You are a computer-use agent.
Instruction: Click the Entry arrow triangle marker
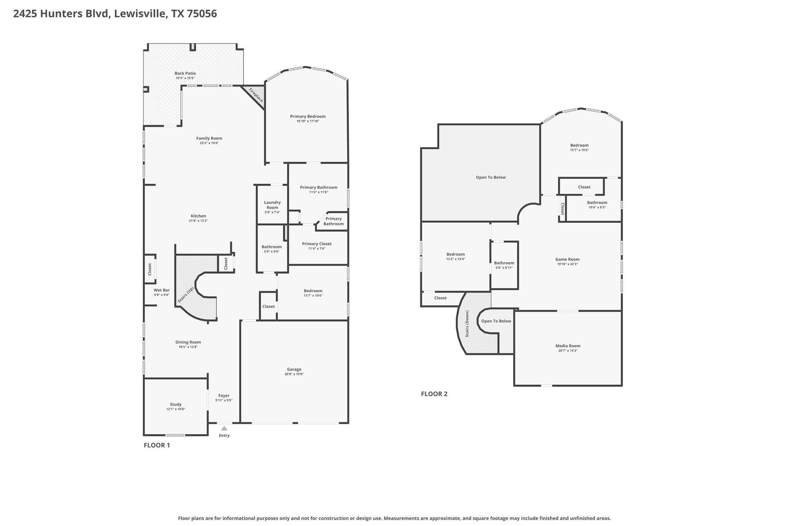pyautogui.click(x=224, y=428)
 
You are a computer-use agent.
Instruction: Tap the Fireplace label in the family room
pyautogui.click(x=256, y=95)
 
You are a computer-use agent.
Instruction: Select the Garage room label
pyautogui.click(x=294, y=369)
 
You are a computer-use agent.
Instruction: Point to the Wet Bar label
pyautogui.click(x=161, y=290)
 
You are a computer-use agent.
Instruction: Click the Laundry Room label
pyautogui.click(x=272, y=205)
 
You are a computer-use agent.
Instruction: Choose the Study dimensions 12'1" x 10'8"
pyautogui.click(x=176, y=409)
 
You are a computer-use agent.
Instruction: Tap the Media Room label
pyautogui.click(x=568, y=346)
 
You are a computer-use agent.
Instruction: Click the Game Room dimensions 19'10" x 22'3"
pyautogui.click(x=567, y=264)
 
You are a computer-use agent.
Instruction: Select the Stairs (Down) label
pyautogui.click(x=467, y=324)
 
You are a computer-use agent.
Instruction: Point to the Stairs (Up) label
pyautogui.click(x=186, y=295)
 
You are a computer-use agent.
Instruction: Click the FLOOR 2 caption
pyautogui.click(x=434, y=394)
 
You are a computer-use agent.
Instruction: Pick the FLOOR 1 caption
pyautogui.click(x=157, y=445)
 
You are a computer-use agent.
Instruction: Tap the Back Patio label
pyautogui.click(x=185, y=73)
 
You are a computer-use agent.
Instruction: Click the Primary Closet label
pyautogui.click(x=317, y=244)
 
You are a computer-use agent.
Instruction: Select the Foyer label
pyautogui.click(x=224, y=395)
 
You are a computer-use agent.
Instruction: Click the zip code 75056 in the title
pyautogui.click(x=202, y=14)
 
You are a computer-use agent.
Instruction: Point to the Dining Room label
pyautogui.click(x=188, y=342)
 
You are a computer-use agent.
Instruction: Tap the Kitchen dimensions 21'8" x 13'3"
pyautogui.click(x=198, y=221)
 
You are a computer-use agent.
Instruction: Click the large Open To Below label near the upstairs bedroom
pyautogui.click(x=491, y=177)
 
